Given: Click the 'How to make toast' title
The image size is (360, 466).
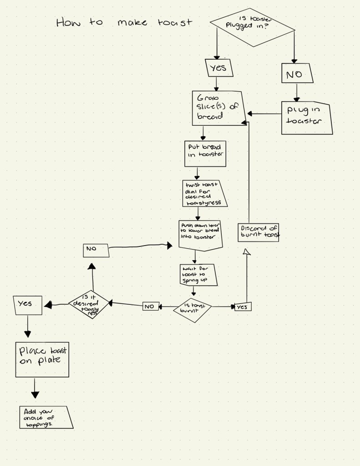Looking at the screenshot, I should click(124, 22).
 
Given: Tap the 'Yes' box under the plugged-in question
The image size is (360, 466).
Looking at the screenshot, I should click(219, 68).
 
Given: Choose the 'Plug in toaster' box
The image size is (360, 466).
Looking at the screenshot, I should click(306, 118).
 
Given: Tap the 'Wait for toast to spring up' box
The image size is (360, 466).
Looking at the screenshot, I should click(197, 275).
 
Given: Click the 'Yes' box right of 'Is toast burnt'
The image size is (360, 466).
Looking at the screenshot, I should click(243, 307).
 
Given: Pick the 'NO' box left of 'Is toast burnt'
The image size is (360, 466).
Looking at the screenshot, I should click(150, 307).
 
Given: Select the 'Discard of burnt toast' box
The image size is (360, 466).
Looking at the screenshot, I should click(258, 232).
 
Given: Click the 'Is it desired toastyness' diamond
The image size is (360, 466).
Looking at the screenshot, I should click(89, 304).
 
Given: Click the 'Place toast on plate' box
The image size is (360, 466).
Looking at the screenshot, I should click(42, 359).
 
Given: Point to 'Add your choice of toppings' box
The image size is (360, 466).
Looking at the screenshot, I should click(46, 417).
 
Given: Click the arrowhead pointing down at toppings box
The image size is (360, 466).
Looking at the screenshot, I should click(35, 395).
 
